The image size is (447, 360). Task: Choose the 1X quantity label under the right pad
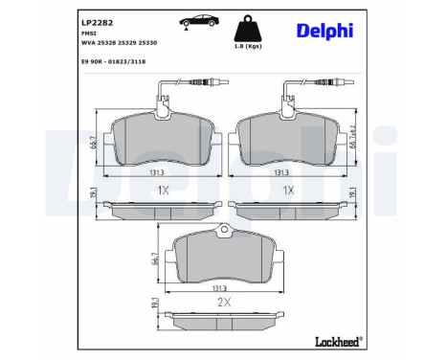pyautogui.click(x=286, y=189)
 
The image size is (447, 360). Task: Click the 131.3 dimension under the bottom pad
pyautogui.click(x=224, y=285)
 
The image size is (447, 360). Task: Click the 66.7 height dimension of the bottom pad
pyautogui.click(x=154, y=257)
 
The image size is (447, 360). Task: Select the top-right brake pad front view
pyautogui.click(x=287, y=138)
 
